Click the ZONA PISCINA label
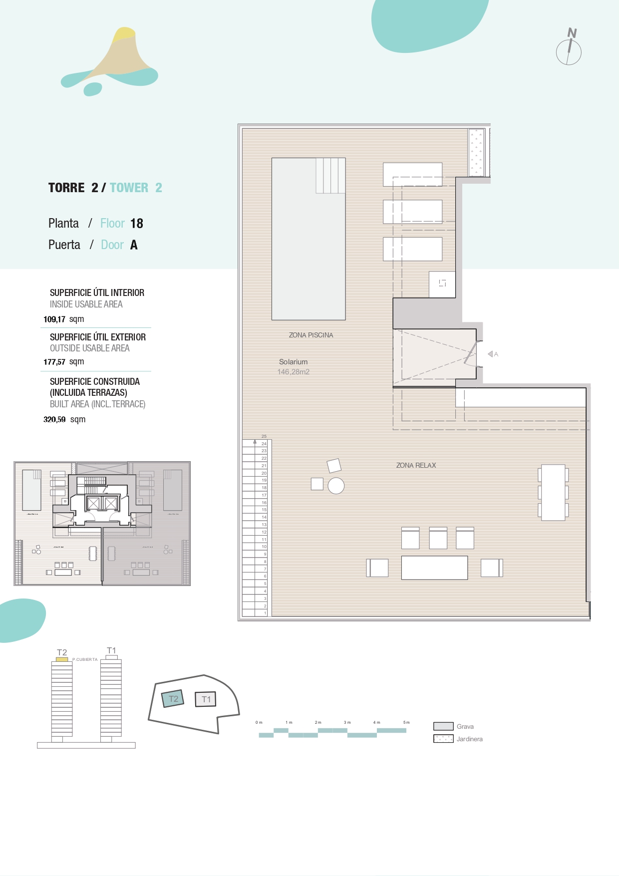(x=310, y=335)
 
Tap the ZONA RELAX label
(x=416, y=465)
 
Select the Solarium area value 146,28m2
(x=294, y=372)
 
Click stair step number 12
(x=264, y=532)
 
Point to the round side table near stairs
(x=336, y=486)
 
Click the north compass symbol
(x=569, y=50)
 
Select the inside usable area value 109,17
(x=54, y=319)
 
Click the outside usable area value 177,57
(x=54, y=362)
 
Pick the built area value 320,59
(x=54, y=420)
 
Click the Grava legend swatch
(x=443, y=726)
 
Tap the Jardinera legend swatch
(x=443, y=739)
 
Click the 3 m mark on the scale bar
(x=347, y=722)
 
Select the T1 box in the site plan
(x=206, y=699)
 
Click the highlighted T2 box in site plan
(x=173, y=699)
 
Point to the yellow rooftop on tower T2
(x=62, y=659)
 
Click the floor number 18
(x=137, y=224)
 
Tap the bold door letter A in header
(x=134, y=245)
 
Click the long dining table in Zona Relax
(x=553, y=493)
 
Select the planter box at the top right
(x=476, y=153)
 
